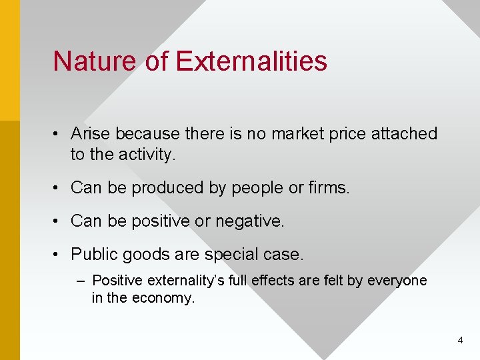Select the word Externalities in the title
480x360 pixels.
[x=251, y=61]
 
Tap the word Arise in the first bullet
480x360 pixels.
[x=91, y=133]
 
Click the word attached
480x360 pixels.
[x=403, y=133]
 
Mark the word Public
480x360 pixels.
[x=92, y=254]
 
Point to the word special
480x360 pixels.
[x=227, y=254]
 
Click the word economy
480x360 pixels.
[x=163, y=298]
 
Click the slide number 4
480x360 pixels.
[x=460, y=341]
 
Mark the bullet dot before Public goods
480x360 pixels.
[x=58, y=255]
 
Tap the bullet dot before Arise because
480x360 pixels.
[x=58, y=134]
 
